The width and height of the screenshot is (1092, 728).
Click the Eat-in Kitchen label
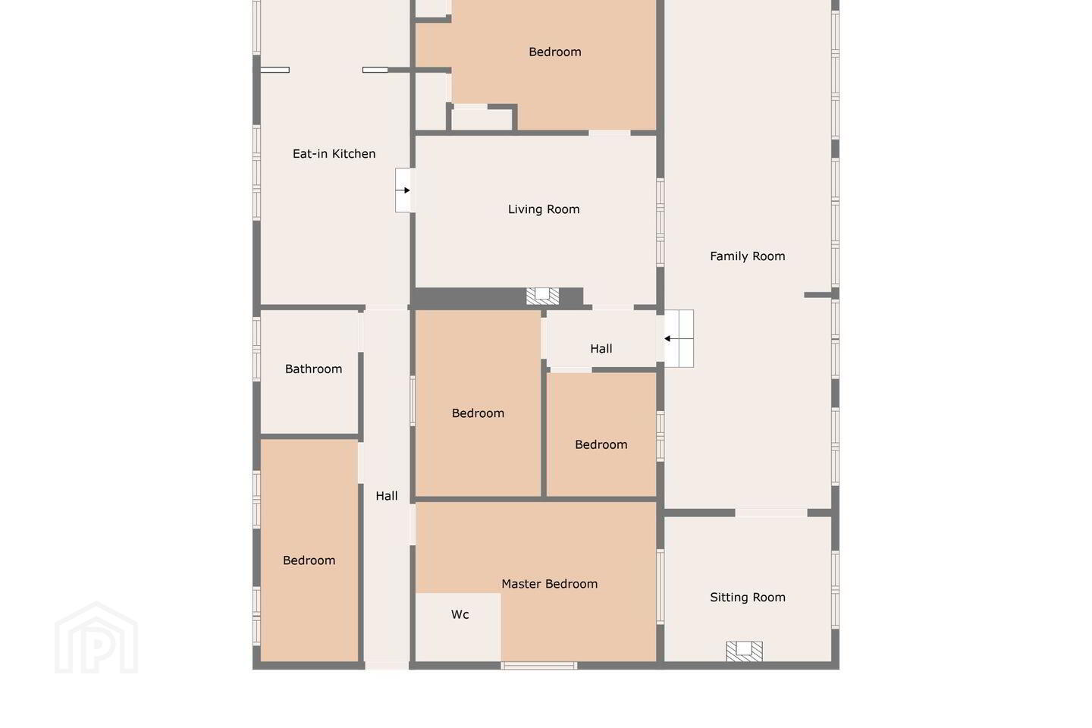pyautogui.click(x=334, y=154)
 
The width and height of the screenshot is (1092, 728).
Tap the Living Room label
pyautogui.click(x=544, y=209)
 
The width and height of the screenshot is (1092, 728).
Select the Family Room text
pyautogui.click(x=748, y=256)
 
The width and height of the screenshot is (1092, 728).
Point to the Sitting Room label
pyautogui.click(x=748, y=598)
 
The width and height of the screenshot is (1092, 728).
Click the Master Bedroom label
pyautogui.click(x=549, y=584)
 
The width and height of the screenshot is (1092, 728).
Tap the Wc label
pyautogui.click(x=460, y=614)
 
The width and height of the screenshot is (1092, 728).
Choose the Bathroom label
pyautogui.click(x=313, y=369)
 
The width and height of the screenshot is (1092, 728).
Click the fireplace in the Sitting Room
pyautogui.click(x=744, y=651)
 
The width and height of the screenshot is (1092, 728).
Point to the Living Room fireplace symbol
pyautogui.click(x=542, y=296)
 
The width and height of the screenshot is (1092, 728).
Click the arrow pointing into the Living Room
pyautogui.click(x=403, y=190)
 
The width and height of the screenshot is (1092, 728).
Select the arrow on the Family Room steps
pyautogui.click(x=678, y=338)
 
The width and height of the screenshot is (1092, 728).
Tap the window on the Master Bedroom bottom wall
pyautogui.click(x=538, y=666)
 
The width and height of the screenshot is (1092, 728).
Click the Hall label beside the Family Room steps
pyautogui.click(x=601, y=349)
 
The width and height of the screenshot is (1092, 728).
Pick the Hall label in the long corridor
pyautogui.click(x=387, y=497)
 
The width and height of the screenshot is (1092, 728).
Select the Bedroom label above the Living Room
pyautogui.click(x=555, y=52)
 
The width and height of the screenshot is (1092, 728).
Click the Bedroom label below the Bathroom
pyautogui.click(x=309, y=560)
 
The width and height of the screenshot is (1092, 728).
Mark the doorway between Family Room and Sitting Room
pyautogui.click(x=771, y=513)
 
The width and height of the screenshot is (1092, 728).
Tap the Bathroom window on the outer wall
pyautogui.click(x=256, y=349)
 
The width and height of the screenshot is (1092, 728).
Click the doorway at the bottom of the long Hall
pyautogui.click(x=387, y=666)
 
